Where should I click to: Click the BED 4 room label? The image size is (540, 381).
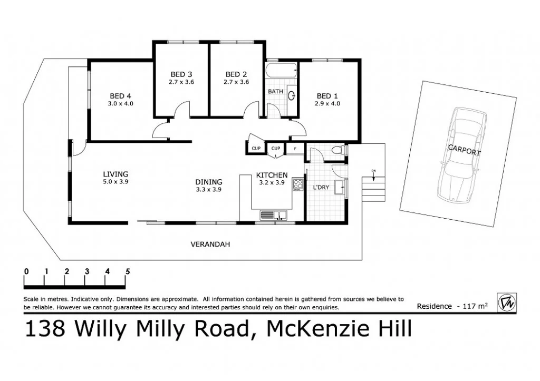pyautogui.click(x=120, y=96)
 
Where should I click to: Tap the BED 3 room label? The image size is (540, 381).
pyautogui.click(x=181, y=74)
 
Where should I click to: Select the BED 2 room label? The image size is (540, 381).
pyautogui.click(x=236, y=74)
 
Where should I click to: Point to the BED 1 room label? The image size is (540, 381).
pyautogui.click(x=327, y=96)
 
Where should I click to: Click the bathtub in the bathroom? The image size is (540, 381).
pyautogui.click(x=282, y=71)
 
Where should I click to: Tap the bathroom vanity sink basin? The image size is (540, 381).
pyautogui.click(x=292, y=96)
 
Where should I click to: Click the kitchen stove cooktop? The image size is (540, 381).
pyautogui.click(x=298, y=184)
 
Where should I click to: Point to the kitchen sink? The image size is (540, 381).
pyautogui.click(x=273, y=214)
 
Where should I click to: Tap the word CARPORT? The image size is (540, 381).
pyautogui.click(x=464, y=150)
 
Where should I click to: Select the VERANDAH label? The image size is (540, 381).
pyautogui.click(x=210, y=245)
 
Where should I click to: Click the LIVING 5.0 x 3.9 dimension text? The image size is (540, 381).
pyautogui.click(x=115, y=181)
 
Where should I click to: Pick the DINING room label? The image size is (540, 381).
pyautogui.click(x=209, y=182)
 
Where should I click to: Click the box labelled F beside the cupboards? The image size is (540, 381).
pyautogui.click(x=295, y=149)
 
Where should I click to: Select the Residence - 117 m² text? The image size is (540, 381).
pyautogui.click(x=452, y=306)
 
